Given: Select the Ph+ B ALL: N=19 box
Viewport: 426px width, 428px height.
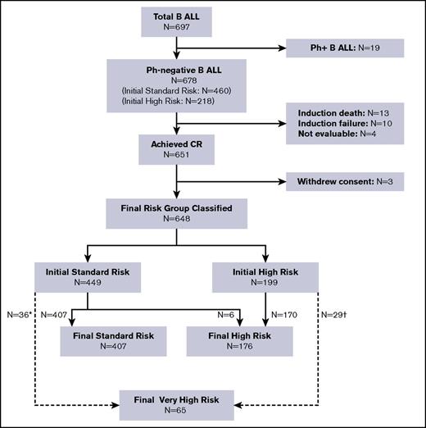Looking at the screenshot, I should click(345, 48).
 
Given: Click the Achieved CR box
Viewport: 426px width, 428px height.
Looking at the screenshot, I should click(178, 152).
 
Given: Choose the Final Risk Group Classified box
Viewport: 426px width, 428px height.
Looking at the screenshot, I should click(178, 213).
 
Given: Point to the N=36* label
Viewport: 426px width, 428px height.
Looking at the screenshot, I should click(17, 312).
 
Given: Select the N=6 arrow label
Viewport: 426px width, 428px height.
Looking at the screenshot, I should click(224, 312).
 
